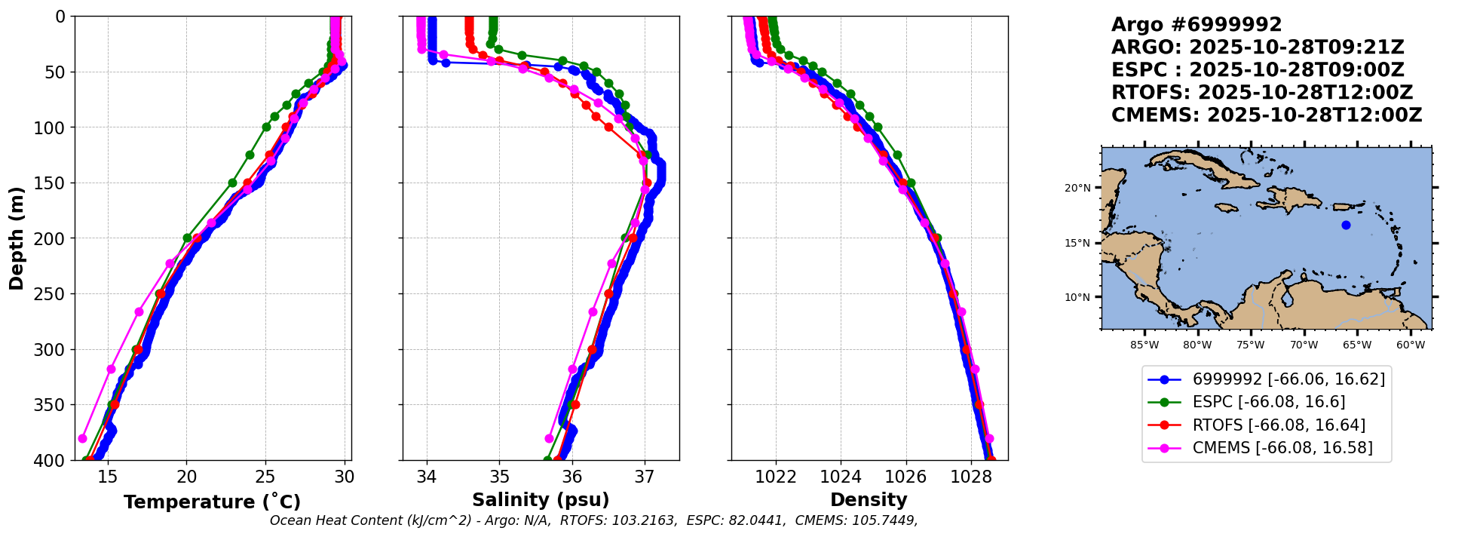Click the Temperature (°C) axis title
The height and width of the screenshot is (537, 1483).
click(x=212, y=502)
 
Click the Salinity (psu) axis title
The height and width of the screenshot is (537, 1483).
click(x=541, y=500)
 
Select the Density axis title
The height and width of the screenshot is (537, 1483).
click(x=869, y=500)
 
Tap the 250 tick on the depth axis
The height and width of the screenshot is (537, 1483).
click(x=54, y=294)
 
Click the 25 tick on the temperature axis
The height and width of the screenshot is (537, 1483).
click(x=265, y=477)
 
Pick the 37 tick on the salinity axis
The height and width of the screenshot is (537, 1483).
click(x=645, y=477)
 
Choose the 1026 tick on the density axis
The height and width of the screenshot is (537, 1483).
click(x=905, y=477)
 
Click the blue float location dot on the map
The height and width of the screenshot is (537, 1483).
click(x=1346, y=225)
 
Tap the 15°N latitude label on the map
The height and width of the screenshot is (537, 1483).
click(x=1077, y=243)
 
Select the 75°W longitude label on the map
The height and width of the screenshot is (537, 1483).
click(x=1251, y=345)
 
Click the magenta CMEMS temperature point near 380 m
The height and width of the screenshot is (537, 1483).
click(x=83, y=438)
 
